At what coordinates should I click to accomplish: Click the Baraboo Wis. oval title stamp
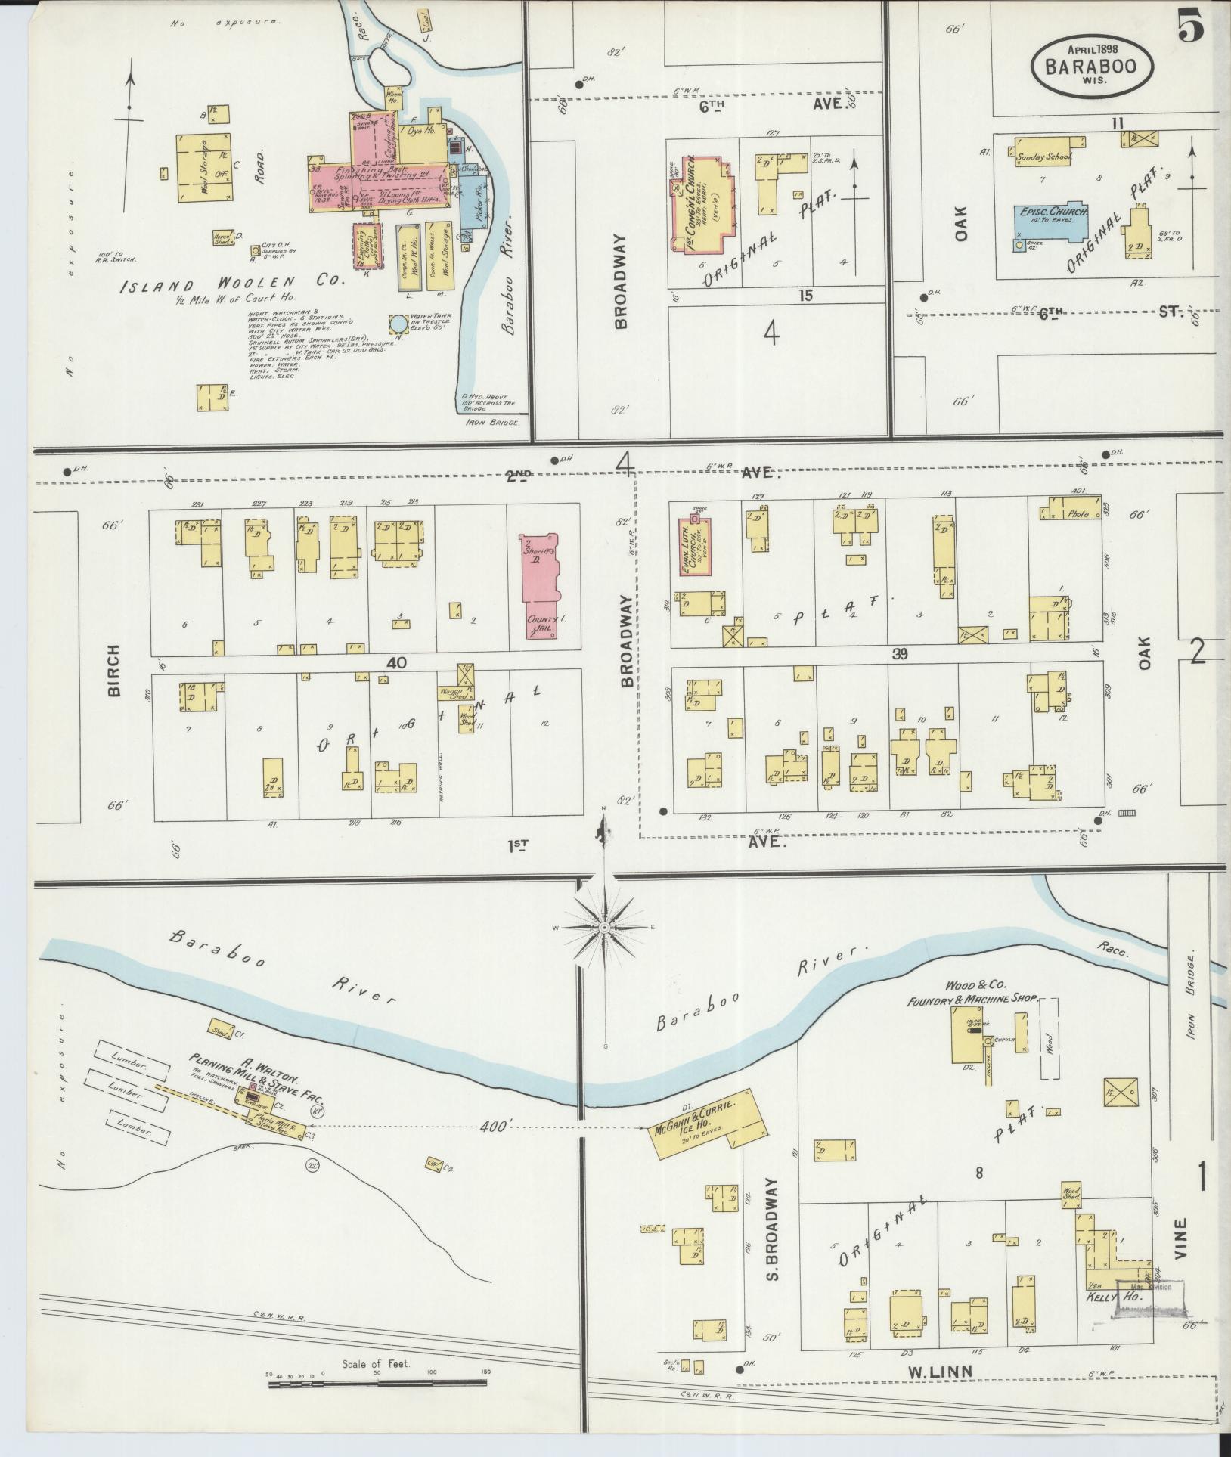pos(1093,66)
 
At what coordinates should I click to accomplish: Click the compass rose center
pos(605,927)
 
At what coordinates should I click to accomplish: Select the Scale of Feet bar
pos(377,1385)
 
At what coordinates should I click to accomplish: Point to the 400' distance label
pos(490,1126)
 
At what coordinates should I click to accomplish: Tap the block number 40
pos(395,662)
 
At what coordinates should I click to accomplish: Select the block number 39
pos(898,655)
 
